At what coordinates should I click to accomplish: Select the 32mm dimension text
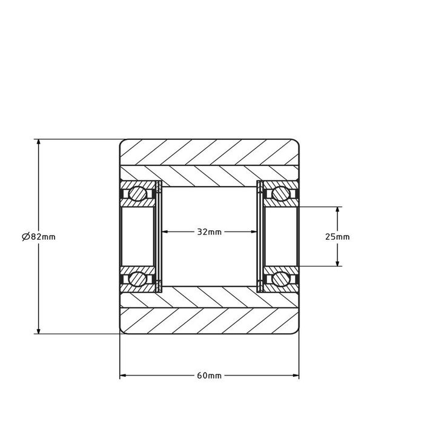(209, 231)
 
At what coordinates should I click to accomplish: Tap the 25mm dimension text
(337, 237)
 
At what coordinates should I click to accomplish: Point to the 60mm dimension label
(209, 376)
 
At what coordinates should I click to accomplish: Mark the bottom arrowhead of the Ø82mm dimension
(39, 330)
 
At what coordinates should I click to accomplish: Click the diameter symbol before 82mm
(24, 237)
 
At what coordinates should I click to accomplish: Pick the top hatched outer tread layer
(209, 152)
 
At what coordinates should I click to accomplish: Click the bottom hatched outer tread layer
(209, 321)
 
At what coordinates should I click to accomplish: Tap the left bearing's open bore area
(138, 236)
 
